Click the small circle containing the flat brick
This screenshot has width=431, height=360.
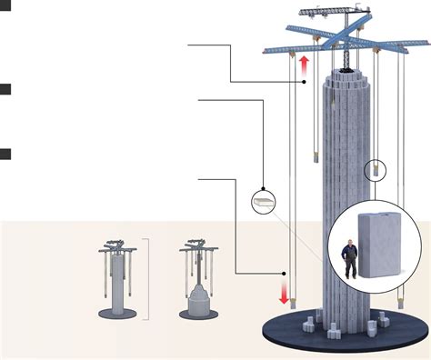pos(262,198)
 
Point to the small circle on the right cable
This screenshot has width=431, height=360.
pos(376,170)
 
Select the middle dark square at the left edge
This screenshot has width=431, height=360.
pos(5,89)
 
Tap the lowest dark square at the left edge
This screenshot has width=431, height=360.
pos(5,154)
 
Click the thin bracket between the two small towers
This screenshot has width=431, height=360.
pos(144,280)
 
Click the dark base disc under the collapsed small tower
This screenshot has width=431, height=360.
pos(197,311)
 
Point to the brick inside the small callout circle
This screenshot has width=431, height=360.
pos(262,198)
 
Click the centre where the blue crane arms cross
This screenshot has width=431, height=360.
pos(339,42)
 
